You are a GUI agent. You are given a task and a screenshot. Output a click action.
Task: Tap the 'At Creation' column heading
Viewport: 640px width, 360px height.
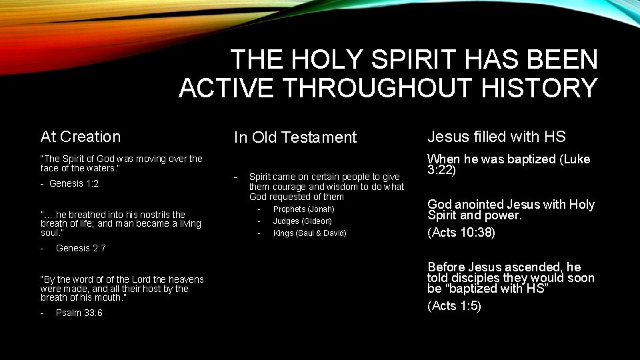(x=81, y=137)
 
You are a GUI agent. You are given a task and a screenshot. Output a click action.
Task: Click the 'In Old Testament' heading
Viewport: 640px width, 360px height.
(x=295, y=137)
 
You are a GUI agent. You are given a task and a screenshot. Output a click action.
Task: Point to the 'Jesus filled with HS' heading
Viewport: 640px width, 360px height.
(x=496, y=137)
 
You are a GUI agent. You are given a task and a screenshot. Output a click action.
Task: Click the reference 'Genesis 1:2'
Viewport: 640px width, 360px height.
(x=74, y=183)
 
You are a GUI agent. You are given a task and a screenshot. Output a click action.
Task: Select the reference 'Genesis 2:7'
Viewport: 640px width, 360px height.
(x=81, y=248)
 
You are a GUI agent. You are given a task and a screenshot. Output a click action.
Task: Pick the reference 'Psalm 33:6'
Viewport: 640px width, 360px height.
(x=79, y=313)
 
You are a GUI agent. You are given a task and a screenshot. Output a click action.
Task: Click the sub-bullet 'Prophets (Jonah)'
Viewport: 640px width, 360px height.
(x=304, y=209)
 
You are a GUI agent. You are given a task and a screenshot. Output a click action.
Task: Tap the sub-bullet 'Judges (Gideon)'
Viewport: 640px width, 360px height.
(x=302, y=221)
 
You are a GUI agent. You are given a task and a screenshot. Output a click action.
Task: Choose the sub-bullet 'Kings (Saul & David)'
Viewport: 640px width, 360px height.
(x=309, y=233)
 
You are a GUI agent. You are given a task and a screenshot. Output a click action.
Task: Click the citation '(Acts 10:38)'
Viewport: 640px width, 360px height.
(x=460, y=232)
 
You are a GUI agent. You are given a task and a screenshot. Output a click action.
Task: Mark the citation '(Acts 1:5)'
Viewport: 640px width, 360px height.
(x=454, y=305)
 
